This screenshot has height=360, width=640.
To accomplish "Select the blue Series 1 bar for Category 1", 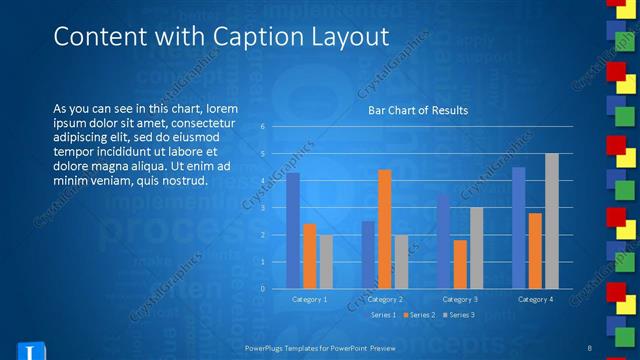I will click(x=293, y=230).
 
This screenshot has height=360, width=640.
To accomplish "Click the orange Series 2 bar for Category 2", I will click(x=384, y=229).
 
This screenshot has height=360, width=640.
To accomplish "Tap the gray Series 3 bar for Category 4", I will click(x=551, y=220).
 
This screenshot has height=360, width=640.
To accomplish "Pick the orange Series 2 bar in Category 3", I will click(x=460, y=264).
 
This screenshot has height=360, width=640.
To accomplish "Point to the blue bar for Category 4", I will click(x=518, y=227).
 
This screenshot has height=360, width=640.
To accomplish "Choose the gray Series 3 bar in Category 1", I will click(x=326, y=261).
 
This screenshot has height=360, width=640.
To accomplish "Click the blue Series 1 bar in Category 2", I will click(x=368, y=254).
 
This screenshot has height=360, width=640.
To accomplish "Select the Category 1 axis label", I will click(x=309, y=299).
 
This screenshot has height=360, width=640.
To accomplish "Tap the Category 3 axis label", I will click(x=460, y=299).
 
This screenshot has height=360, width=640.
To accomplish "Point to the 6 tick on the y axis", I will click(x=262, y=127).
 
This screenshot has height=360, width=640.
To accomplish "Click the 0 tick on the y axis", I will click(x=262, y=289).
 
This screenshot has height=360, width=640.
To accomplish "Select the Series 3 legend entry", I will click(x=459, y=315).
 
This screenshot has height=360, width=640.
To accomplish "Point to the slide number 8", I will click(x=592, y=347).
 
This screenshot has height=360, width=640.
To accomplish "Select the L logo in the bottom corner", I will click(x=30, y=351).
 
